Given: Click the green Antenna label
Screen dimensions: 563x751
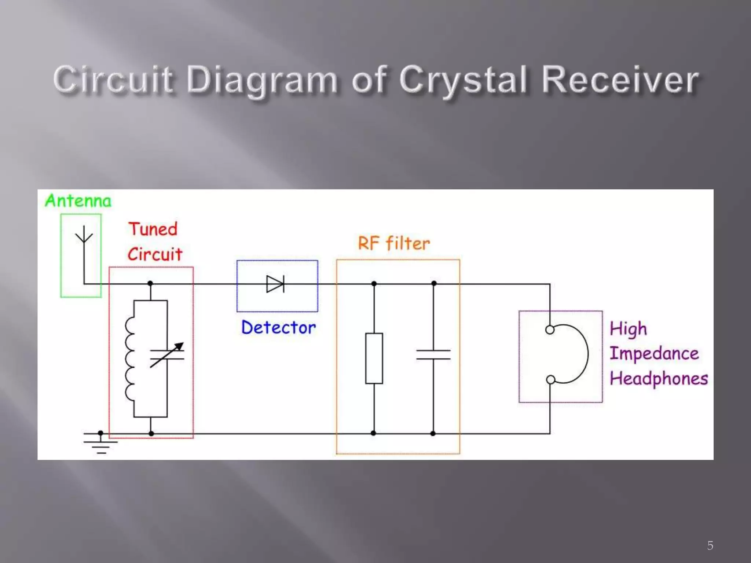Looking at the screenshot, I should tap(78, 201).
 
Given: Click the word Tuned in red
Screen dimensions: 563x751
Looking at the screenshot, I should tap(153, 229).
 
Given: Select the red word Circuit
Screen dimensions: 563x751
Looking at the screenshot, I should tap(155, 254).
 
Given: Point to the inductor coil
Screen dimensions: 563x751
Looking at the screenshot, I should tap(130, 358).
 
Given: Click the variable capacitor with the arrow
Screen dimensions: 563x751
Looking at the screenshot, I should tap(167, 355).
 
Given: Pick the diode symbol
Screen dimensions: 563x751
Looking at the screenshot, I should tap(275, 284).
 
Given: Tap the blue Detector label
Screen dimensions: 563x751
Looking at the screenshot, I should tap(278, 327).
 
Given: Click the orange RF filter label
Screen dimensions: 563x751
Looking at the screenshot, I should tap(394, 243).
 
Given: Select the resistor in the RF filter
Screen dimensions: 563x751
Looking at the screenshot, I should tap(374, 358).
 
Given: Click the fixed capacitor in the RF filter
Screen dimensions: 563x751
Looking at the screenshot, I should tap(433, 355).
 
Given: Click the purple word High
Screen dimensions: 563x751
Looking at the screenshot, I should tap(628, 329).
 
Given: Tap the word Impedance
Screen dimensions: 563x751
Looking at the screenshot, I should tap(654, 354).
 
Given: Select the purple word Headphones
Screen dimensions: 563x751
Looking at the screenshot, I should tap(659, 379).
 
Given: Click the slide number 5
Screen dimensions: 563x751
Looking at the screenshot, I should tap(710, 545).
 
